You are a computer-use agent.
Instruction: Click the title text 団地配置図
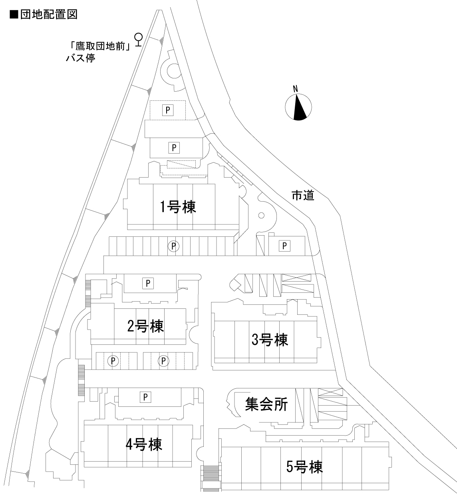coord(48,15)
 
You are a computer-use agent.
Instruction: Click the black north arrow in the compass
coord(299,108)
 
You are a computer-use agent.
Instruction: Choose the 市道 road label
coord(303,196)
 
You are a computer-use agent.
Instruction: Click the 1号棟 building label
coord(178,207)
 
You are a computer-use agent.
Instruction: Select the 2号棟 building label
coord(145,326)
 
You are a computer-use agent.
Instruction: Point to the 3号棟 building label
coord(270,340)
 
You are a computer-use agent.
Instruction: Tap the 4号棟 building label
coord(144,444)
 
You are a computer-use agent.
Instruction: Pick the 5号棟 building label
coord(304,466)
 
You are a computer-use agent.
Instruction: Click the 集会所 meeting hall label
coord(266,405)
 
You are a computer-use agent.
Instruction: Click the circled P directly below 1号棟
coord(173,246)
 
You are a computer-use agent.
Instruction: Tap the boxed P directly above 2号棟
coord(148,283)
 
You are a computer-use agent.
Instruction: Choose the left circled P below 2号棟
coord(113,361)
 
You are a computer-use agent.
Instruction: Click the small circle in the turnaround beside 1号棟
coord(262,215)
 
